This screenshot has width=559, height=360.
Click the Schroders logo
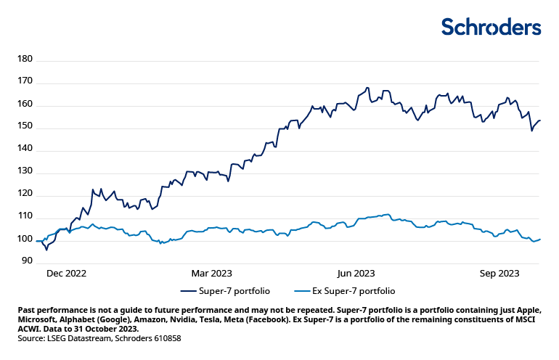(491, 27)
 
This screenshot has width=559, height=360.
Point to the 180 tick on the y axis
(25, 60)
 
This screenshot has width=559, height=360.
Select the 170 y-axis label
(25, 82)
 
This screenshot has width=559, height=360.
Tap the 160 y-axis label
(25, 105)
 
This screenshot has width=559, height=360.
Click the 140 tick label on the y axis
(25, 150)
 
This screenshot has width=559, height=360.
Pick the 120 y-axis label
(25, 195)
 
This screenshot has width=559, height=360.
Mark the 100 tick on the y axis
(25, 240)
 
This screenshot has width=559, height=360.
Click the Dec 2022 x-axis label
(66, 274)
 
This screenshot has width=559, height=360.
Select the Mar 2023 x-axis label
(211, 274)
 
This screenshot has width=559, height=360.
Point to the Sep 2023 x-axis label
(499, 274)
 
